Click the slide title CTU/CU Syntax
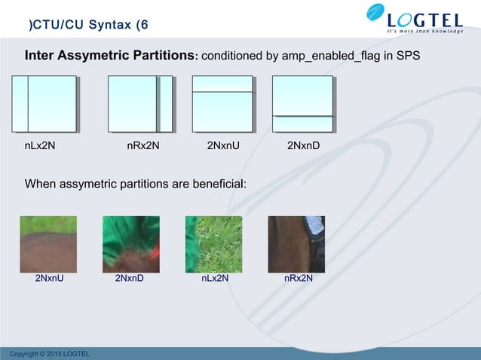tap(88, 26)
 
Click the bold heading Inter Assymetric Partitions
tap(110, 56)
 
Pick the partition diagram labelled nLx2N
tap(44, 104)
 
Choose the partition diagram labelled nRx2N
tap(140, 104)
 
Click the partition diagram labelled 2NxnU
tap(223, 104)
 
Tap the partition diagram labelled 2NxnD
tap(302, 104)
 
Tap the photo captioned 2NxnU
tap(48, 244)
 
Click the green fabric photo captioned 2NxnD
tap(131, 244)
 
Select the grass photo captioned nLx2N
tap(214, 244)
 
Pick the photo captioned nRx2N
tap(296, 244)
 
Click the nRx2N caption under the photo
tap(299, 279)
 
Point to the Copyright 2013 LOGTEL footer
tap(45, 354)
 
